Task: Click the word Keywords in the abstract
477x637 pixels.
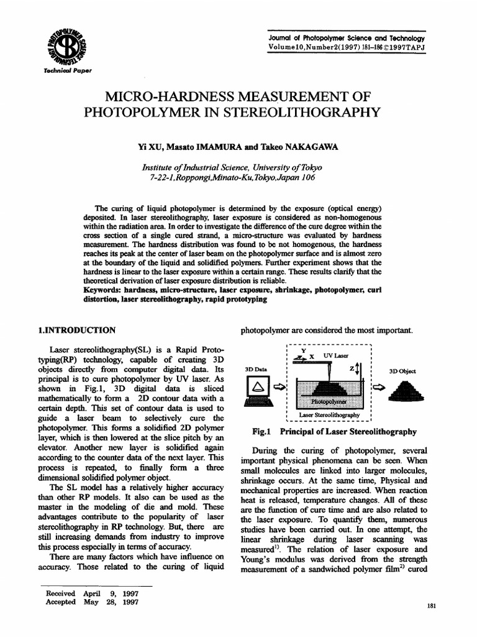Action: pos(102,291)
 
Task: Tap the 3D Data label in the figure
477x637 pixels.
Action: pos(255,371)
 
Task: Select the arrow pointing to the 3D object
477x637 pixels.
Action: pos(377,388)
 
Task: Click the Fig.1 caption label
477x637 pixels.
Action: pos(258,430)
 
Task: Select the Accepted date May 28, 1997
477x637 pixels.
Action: pos(111,603)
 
